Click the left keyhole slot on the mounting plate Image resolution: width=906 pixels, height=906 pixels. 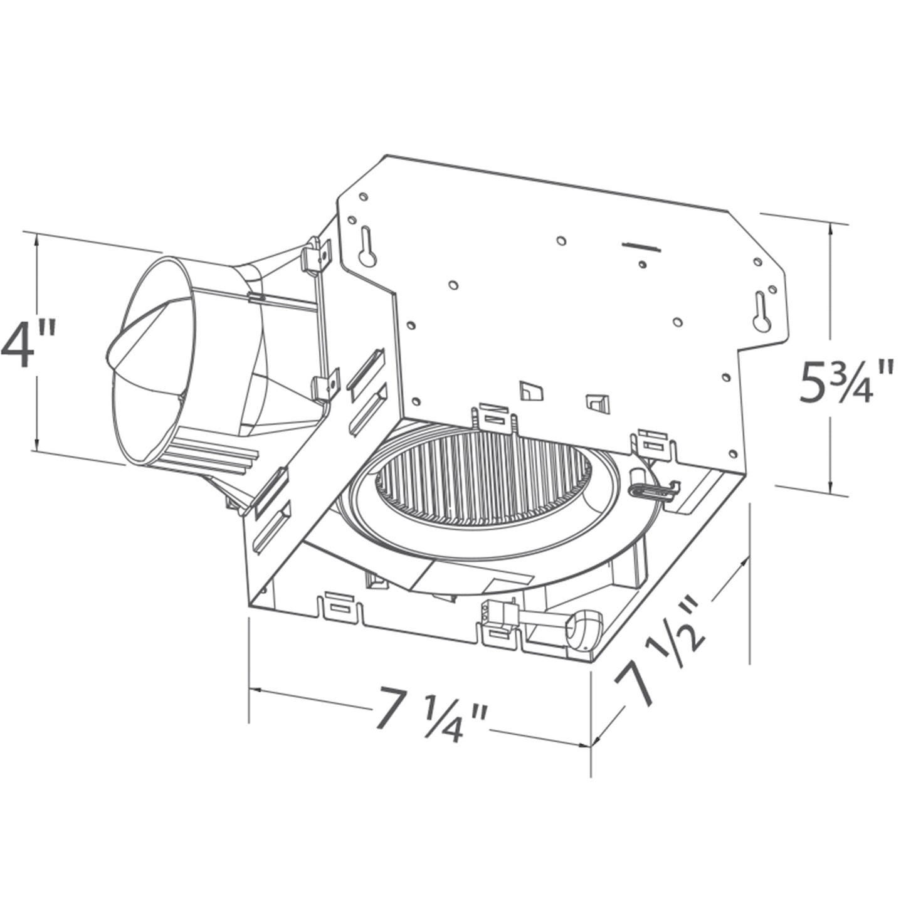click(367, 246)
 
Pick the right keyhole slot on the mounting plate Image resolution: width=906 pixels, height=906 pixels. click(761, 312)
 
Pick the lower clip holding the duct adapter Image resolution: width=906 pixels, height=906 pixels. click(326, 385)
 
